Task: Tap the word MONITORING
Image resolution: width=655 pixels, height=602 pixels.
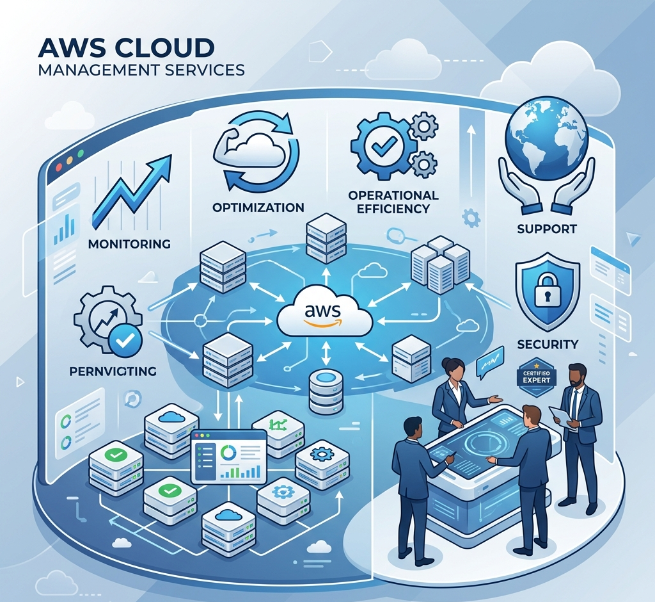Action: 130,244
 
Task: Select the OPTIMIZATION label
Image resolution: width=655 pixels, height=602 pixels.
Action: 258,207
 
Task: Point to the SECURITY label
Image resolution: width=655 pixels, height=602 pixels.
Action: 547,344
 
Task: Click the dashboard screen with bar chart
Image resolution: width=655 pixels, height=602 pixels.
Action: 228,456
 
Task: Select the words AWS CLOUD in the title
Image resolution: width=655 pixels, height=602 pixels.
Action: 125,48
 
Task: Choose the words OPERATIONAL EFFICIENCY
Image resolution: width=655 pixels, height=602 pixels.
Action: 393,201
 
